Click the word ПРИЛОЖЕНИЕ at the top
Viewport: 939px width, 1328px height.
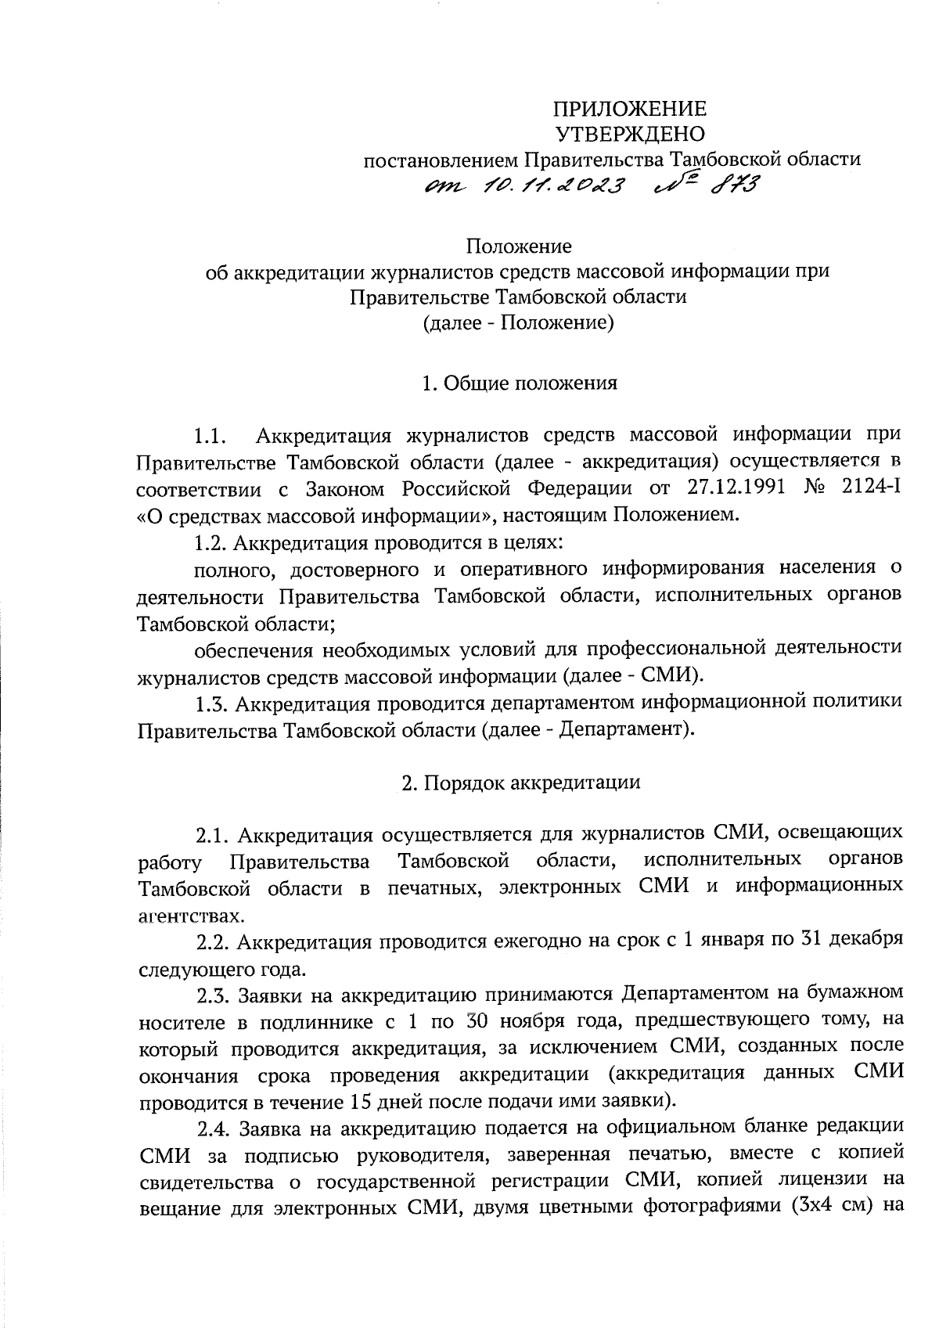[x=630, y=109]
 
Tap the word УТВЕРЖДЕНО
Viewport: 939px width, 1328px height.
[x=630, y=135]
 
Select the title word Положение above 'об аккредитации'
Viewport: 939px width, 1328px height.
[x=519, y=247]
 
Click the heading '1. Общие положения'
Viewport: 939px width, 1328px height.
[x=519, y=383]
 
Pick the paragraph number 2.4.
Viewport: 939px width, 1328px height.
[x=214, y=1129]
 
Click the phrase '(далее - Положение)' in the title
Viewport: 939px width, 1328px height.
[x=518, y=322]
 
